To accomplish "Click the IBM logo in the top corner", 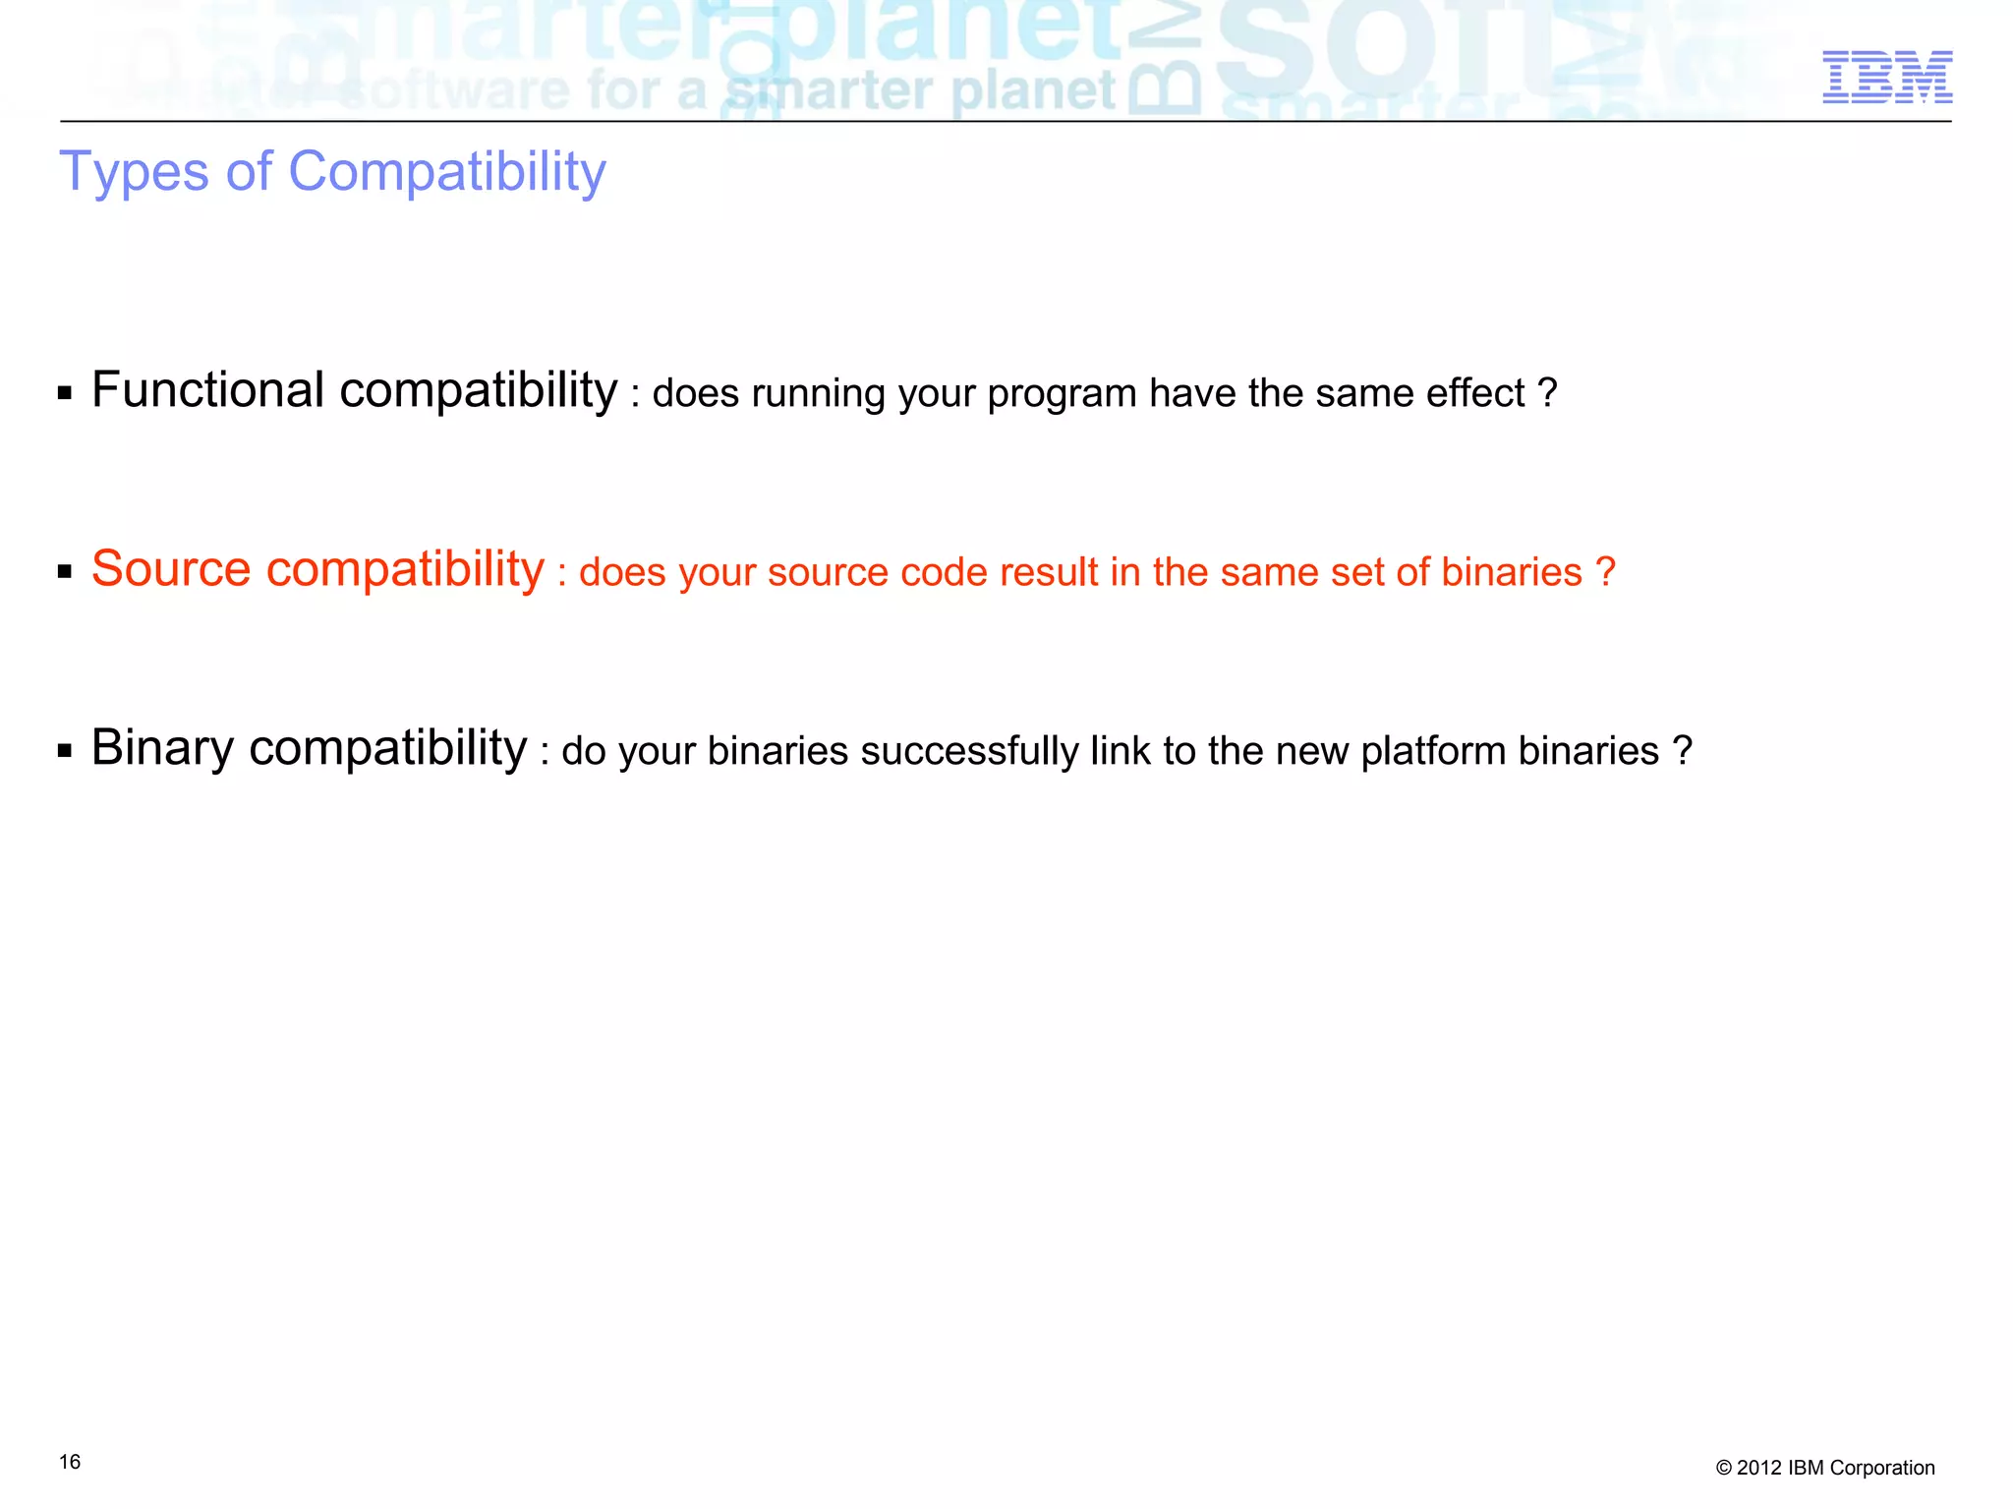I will [1887, 78].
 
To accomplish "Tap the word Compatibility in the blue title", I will [447, 172].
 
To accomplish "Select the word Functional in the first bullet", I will [207, 390].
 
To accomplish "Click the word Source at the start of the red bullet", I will [171, 569].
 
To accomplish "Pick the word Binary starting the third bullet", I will [162, 748].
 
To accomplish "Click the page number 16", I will [70, 1462].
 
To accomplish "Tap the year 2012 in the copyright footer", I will [1759, 1468].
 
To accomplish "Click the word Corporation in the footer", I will [1882, 1468].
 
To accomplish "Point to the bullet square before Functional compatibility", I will [65, 394].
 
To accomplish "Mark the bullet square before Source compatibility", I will [65, 572].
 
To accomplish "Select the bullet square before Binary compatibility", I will [65, 752].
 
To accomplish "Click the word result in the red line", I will [1044, 572].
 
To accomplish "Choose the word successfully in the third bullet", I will [968, 751].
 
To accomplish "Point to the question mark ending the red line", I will [1605, 572].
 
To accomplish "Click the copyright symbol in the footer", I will [1723, 1469].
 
